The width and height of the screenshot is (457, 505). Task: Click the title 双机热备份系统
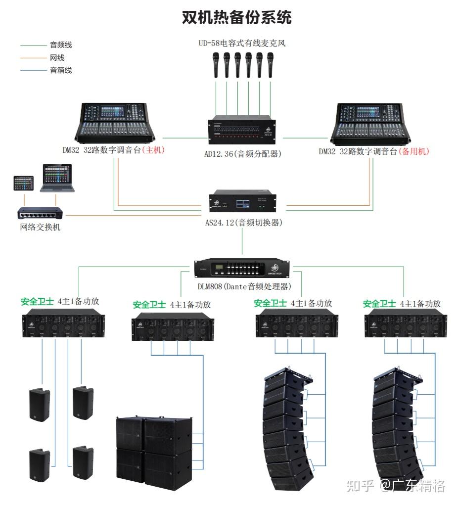click(237, 17)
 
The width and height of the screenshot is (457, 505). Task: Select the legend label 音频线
click(61, 45)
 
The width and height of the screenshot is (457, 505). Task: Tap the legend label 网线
click(57, 58)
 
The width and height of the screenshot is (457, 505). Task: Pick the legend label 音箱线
click(61, 70)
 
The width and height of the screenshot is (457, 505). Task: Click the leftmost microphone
click(216, 65)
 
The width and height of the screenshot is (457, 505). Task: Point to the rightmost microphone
click(270, 65)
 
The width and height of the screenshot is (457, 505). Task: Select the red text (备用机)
click(414, 151)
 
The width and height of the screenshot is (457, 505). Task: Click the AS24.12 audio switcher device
click(242, 201)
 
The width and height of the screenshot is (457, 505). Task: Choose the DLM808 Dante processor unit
click(242, 268)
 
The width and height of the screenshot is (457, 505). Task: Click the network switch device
click(40, 213)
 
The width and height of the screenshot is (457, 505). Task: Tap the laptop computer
click(57, 178)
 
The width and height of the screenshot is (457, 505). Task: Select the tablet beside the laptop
click(24, 183)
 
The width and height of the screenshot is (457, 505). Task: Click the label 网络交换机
click(40, 227)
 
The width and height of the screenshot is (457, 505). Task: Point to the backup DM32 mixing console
click(370, 124)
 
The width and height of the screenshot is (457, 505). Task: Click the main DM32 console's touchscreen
click(112, 112)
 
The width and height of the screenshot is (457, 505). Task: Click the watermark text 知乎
click(360, 485)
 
